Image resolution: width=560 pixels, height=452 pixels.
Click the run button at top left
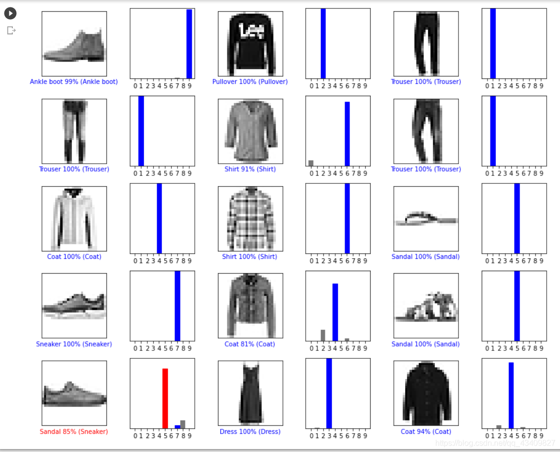pos(10,13)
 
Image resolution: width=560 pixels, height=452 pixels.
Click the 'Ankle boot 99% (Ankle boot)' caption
pos(74,82)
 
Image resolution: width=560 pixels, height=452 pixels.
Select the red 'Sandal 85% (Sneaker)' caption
pos(74,432)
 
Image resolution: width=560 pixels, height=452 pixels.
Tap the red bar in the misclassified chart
pos(165,398)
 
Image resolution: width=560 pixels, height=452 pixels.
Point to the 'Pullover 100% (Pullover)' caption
pos(250,82)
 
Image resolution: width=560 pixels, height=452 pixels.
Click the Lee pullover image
pos(250,43)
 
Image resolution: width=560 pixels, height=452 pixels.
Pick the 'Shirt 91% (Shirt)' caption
pos(250,169)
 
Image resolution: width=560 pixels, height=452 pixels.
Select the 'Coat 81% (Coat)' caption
pos(250,344)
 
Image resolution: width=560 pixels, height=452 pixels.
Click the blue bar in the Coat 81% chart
pos(335,312)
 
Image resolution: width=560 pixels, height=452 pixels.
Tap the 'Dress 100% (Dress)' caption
pos(250,432)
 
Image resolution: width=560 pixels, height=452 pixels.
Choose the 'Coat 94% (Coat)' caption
pos(426,432)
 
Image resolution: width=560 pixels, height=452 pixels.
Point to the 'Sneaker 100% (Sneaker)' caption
pos(74,344)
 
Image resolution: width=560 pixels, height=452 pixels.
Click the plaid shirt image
pos(250,218)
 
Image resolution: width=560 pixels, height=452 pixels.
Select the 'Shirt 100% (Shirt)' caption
pos(250,257)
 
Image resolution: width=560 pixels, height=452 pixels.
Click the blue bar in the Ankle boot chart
pos(189,43)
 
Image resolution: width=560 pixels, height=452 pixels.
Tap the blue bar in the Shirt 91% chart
pos(347,134)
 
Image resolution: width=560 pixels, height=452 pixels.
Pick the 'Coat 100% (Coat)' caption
pos(74,257)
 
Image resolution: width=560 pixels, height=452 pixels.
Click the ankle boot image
pos(74,43)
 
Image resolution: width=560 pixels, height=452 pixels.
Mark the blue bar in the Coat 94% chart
pos(511,395)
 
